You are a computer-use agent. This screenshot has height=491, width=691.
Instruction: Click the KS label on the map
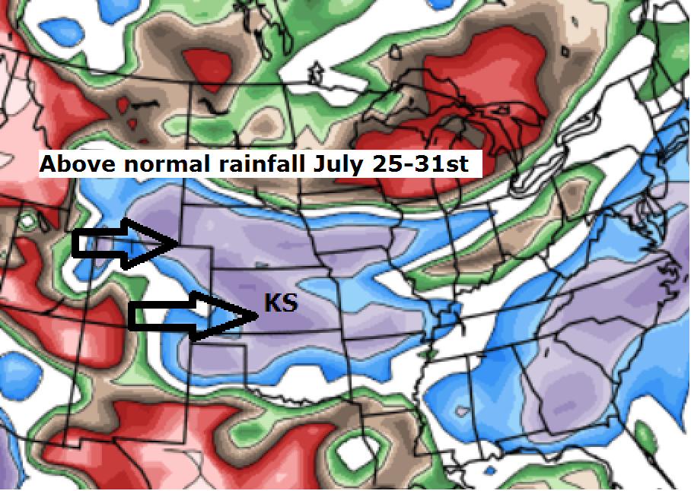[280, 303]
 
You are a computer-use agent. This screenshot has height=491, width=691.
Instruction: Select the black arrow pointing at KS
[190, 315]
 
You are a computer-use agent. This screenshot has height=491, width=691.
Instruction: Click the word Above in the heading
[77, 164]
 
